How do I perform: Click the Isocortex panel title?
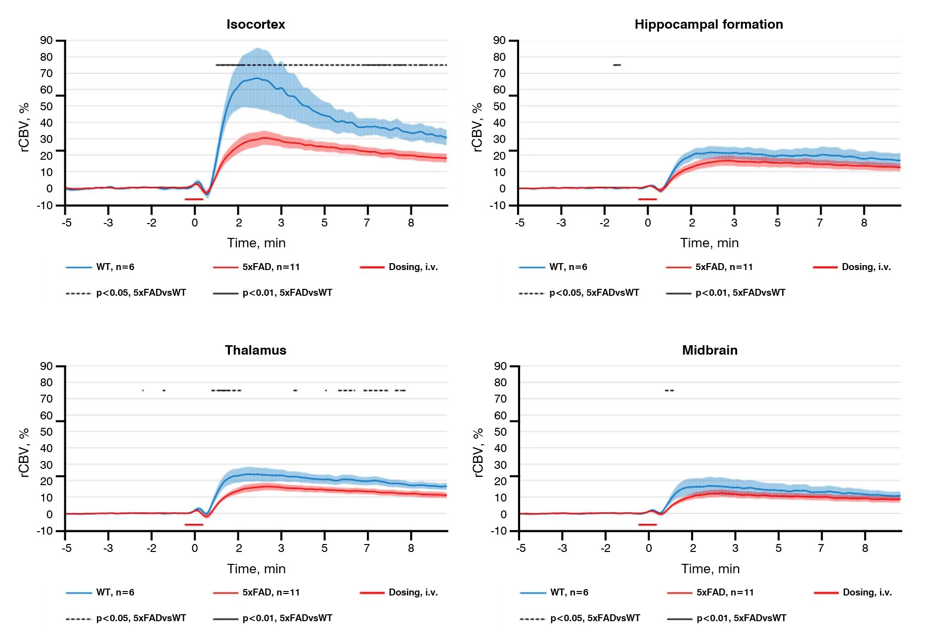(256, 24)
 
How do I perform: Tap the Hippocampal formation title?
(708, 24)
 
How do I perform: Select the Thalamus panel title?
(256, 350)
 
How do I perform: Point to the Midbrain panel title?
(709, 350)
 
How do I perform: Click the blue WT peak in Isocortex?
(257, 78)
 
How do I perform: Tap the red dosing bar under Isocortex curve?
(194, 199)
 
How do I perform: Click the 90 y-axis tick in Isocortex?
(46, 41)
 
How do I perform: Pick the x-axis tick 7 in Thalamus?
(367, 548)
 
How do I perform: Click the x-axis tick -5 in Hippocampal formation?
(520, 223)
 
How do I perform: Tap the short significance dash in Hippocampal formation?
(617, 65)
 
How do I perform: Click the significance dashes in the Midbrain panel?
(669, 391)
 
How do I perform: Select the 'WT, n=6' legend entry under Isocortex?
(115, 267)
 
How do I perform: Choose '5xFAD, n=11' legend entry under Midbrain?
(725, 593)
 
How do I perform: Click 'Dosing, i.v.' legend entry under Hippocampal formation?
(866, 267)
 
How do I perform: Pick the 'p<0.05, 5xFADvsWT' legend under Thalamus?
(141, 618)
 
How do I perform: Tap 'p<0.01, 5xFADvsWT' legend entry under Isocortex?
(287, 293)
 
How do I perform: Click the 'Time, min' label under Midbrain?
(710, 569)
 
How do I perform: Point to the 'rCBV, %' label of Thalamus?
(24, 453)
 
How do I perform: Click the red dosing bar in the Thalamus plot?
(194, 525)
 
